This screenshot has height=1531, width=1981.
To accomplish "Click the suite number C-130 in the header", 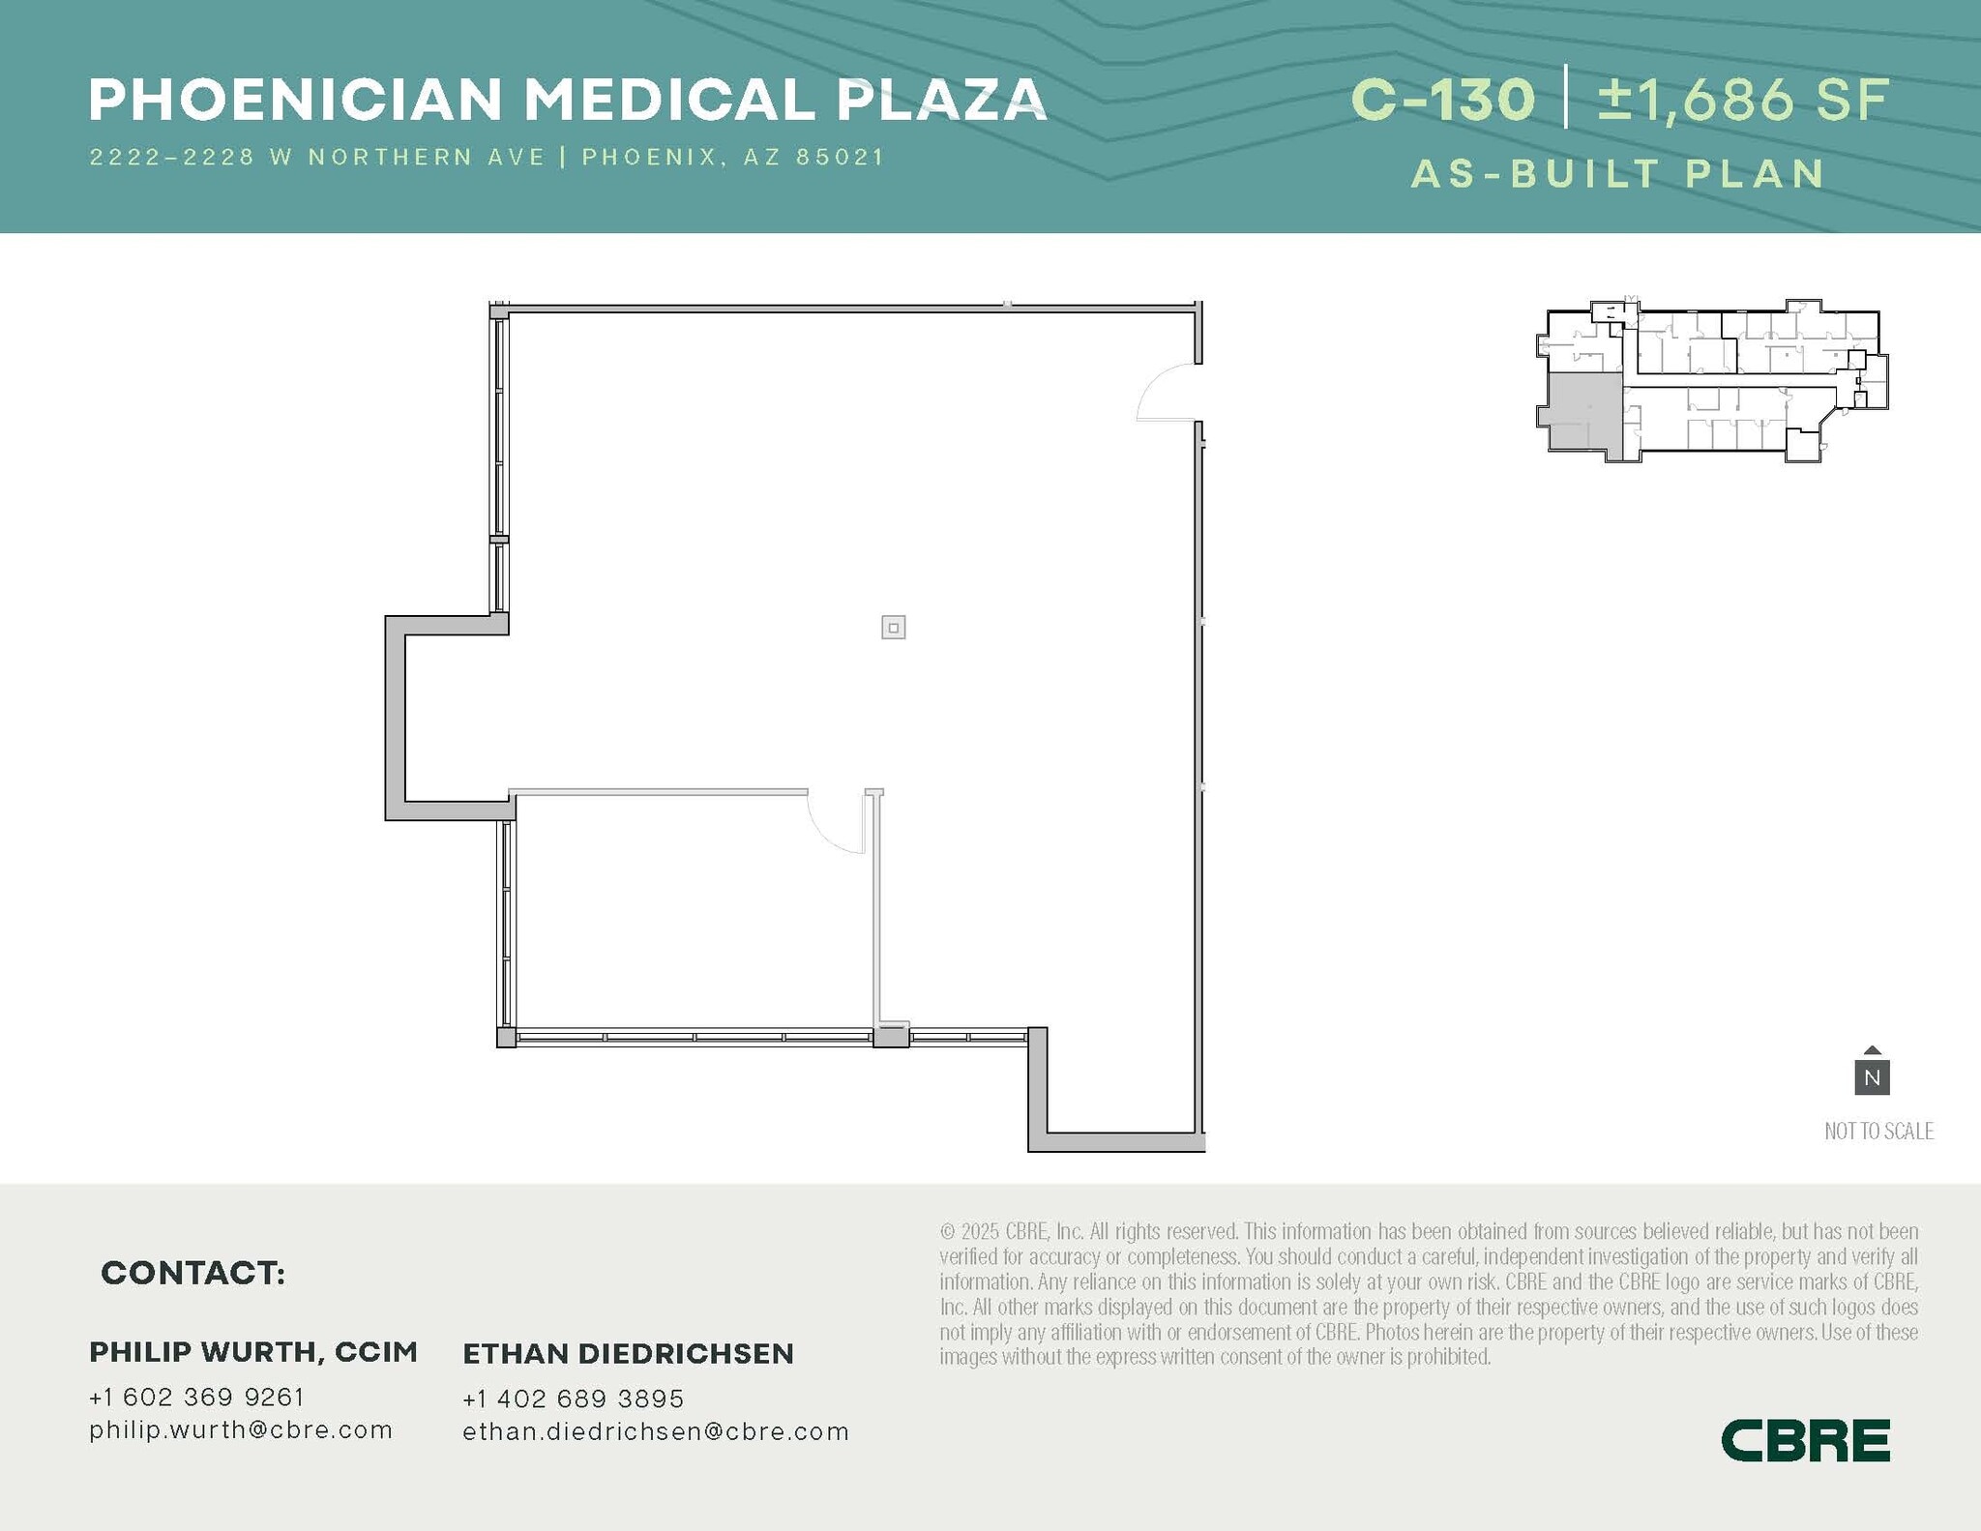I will coord(1442,100).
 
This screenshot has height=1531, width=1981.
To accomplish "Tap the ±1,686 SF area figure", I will coord(1743,100).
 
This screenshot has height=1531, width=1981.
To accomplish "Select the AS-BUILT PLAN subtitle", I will coord(1618,174).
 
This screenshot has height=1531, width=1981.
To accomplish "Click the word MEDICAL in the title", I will coord(670,100).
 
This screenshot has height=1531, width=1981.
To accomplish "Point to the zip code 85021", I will coord(840,157).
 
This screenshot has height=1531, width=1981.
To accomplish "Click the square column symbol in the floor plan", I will coord(893,628).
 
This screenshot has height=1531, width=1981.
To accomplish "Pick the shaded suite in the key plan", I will coord(1583,411).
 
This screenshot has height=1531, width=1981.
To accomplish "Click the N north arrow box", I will coord(1872,1076).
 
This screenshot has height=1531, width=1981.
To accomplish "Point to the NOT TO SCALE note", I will coord(1878,1131).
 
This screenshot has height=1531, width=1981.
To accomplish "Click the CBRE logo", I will coord(1805,1440).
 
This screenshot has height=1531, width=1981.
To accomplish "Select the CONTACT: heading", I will coord(192,1273).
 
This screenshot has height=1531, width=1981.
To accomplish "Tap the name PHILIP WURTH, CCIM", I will coord(253,1352).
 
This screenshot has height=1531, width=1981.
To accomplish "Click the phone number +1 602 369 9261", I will coord(196,1397).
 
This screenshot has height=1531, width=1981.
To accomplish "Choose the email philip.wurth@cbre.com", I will coord(241,1429).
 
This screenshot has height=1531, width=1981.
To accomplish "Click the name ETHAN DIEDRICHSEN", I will coord(628,1354).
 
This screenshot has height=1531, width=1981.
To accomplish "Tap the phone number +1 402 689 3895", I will coord(573,1399).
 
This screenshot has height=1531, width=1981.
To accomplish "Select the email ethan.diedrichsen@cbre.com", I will coord(656,1431).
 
